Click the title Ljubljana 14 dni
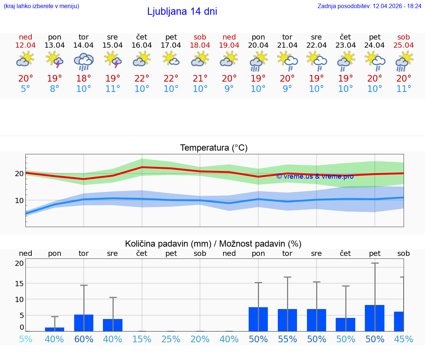(x=182, y=11)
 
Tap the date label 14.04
(x=84, y=45)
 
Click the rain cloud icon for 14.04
(x=84, y=62)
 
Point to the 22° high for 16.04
(x=142, y=79)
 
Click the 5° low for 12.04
(x=25, y=89)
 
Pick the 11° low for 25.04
(x=404, y=89)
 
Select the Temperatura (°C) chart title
(x=214, y=148)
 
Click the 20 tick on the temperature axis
(x=19, y=174)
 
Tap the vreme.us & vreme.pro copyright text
(x=315, y=176)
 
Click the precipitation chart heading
(x=213, y=244)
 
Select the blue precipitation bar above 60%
(x=84, y=323)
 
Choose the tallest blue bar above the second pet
(x=374, y=318)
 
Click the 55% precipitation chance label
(x=287, y=339)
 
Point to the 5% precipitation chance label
(x=25, y=339)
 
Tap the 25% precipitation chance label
(x=171, y=339)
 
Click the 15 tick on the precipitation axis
(x=19, y=284)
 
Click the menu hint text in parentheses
(x=41, y=6)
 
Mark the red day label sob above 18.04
(x=200, y=37)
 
